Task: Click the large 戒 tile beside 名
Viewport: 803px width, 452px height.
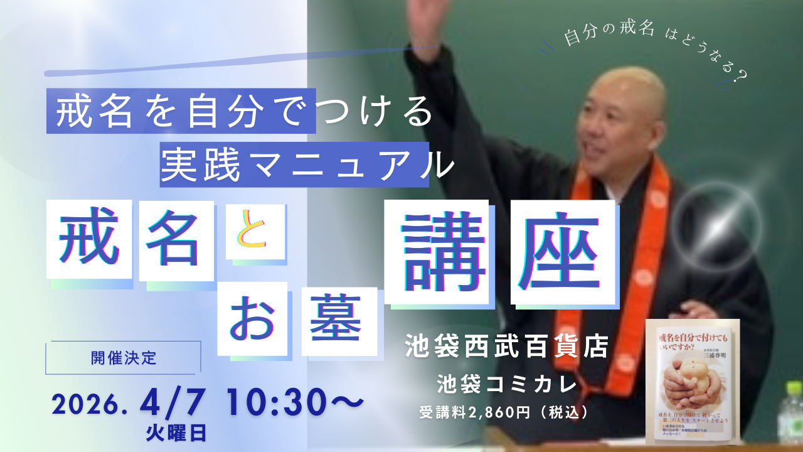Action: [x=88, y=239]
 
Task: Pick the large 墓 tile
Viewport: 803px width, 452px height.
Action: [x=338, y=321]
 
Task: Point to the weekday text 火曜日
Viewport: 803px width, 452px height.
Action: [x=176, y=431]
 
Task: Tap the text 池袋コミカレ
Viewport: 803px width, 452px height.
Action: [x=508, y=382]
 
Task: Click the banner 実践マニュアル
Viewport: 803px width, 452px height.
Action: [x=295, y=164]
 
